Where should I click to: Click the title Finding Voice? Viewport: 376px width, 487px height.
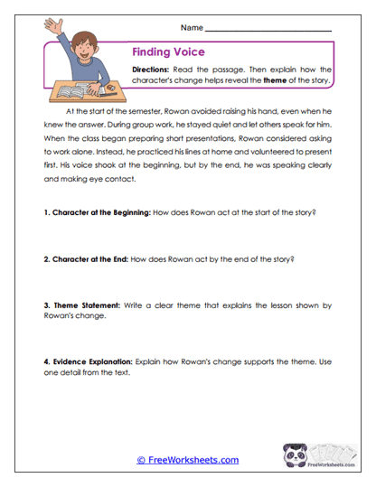coord(168,52)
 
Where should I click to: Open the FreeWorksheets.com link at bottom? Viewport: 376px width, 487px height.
coord(187,460)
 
